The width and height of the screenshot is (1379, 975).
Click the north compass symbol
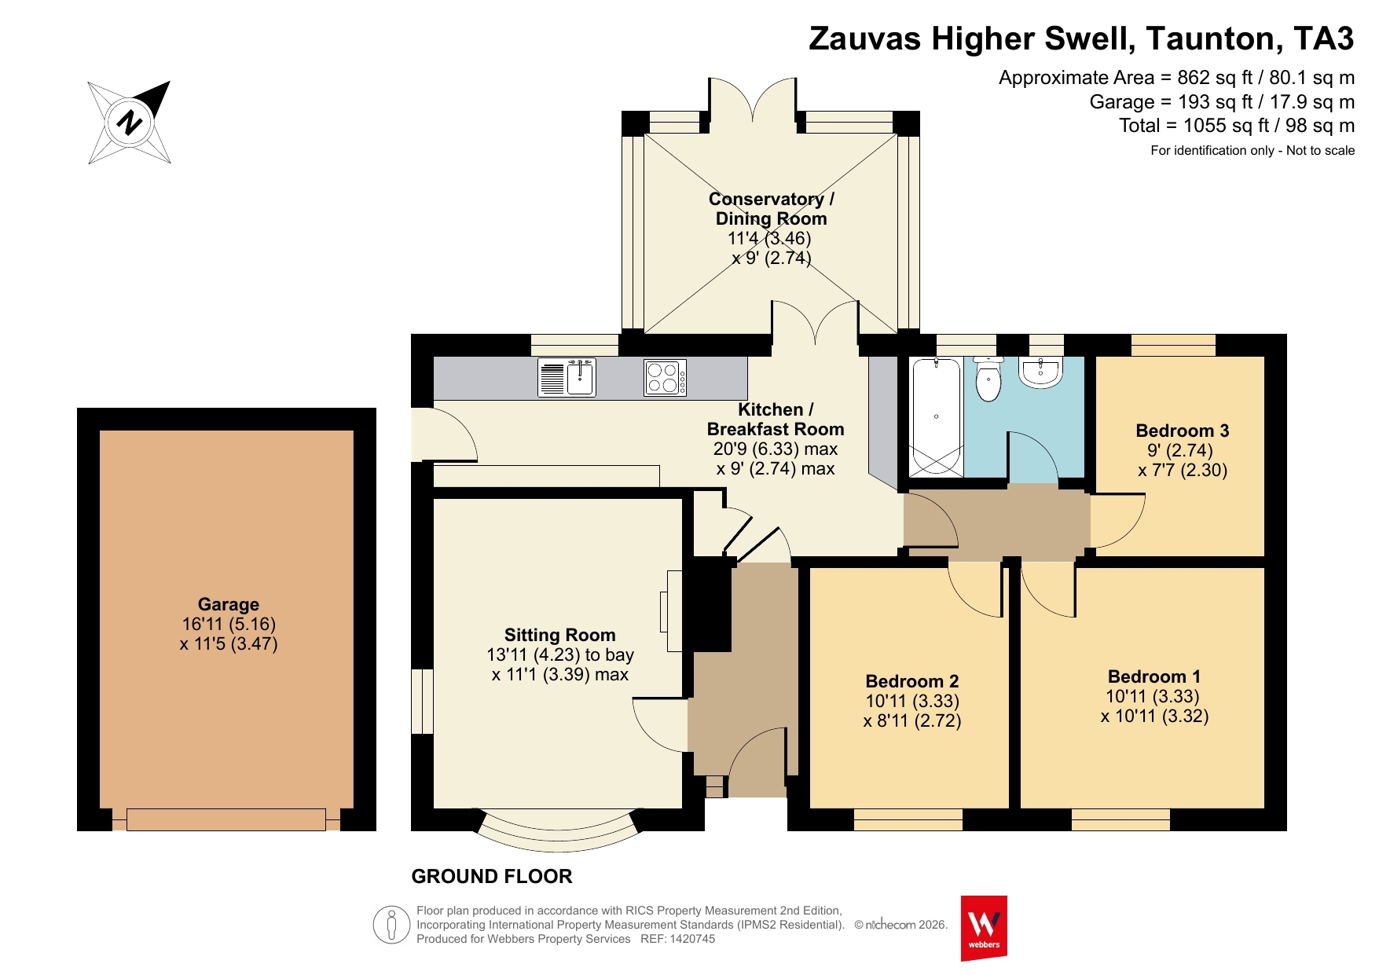(130, 123)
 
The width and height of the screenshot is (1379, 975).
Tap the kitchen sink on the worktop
(567, 377)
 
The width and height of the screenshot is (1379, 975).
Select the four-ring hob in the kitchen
(665, 377)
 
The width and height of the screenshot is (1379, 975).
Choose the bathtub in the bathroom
(936, 416)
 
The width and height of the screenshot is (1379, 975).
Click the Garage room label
(229, 604)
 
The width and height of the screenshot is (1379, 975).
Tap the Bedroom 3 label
(1183, 431)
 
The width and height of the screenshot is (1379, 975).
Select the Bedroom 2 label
(912, 681)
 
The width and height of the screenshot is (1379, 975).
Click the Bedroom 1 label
(1154, 676)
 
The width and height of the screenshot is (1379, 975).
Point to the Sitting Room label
(560, 635)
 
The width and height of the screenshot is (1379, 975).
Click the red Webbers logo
(984, 928)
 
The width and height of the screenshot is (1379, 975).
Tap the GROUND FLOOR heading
(492, 876)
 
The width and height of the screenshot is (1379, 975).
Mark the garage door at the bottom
(226, 819)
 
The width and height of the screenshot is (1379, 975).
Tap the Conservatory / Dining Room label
(772, 209)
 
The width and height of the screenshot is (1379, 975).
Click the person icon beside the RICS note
(391, 925)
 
